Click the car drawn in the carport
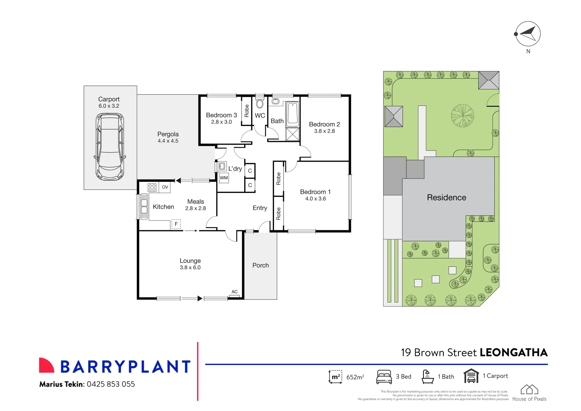coord(110,147)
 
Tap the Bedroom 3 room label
coord(221,115)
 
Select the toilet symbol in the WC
coord(260,104)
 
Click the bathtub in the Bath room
coord(293,114)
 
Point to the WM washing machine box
coord(224,178)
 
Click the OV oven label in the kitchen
coord(165,187)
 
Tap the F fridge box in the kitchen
coord(176,224)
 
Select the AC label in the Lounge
coord(234,292)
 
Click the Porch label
coord(261,265)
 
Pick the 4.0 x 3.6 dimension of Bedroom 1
coord(315,199)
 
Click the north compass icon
coord(528,34)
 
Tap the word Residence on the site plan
coord(446,198)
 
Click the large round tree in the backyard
coord(462,115)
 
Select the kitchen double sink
coord(144,206)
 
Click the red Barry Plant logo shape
coord(46,365)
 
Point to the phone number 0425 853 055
coord(111,384)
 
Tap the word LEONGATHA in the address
coord(513,353)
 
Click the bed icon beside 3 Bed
coord(384,376)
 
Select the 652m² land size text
coord(355,377)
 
